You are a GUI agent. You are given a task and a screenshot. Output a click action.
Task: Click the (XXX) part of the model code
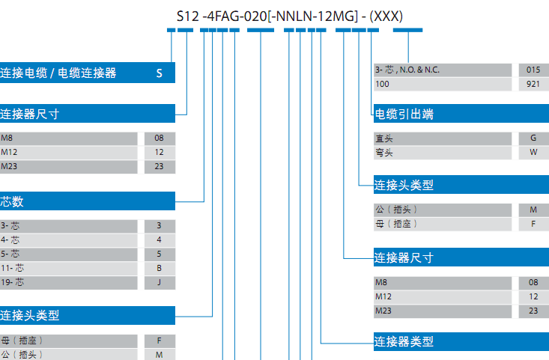pyautogui.click(x=386, y=16)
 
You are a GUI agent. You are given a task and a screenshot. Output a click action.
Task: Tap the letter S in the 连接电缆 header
pyautogui.click(x=160, y=73)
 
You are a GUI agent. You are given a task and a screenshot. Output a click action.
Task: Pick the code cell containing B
pyautogui.click(x=160, y=269)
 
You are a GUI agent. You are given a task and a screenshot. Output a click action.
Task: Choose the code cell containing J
pyautogui.click(x=160, y=283)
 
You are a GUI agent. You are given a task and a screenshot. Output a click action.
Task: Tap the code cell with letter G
pyautogui.click(x=533, y=138)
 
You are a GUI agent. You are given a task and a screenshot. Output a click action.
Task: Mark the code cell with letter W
pyautogui.click(x=533, y=153)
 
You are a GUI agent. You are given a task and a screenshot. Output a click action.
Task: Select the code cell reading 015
pyautogui.click(x=533, y=70)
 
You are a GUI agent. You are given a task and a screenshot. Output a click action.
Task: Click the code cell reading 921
pyautogui.click(x=533, y=85)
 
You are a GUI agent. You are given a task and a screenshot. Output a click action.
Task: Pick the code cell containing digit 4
pyautogui.click(x=160, y=240)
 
